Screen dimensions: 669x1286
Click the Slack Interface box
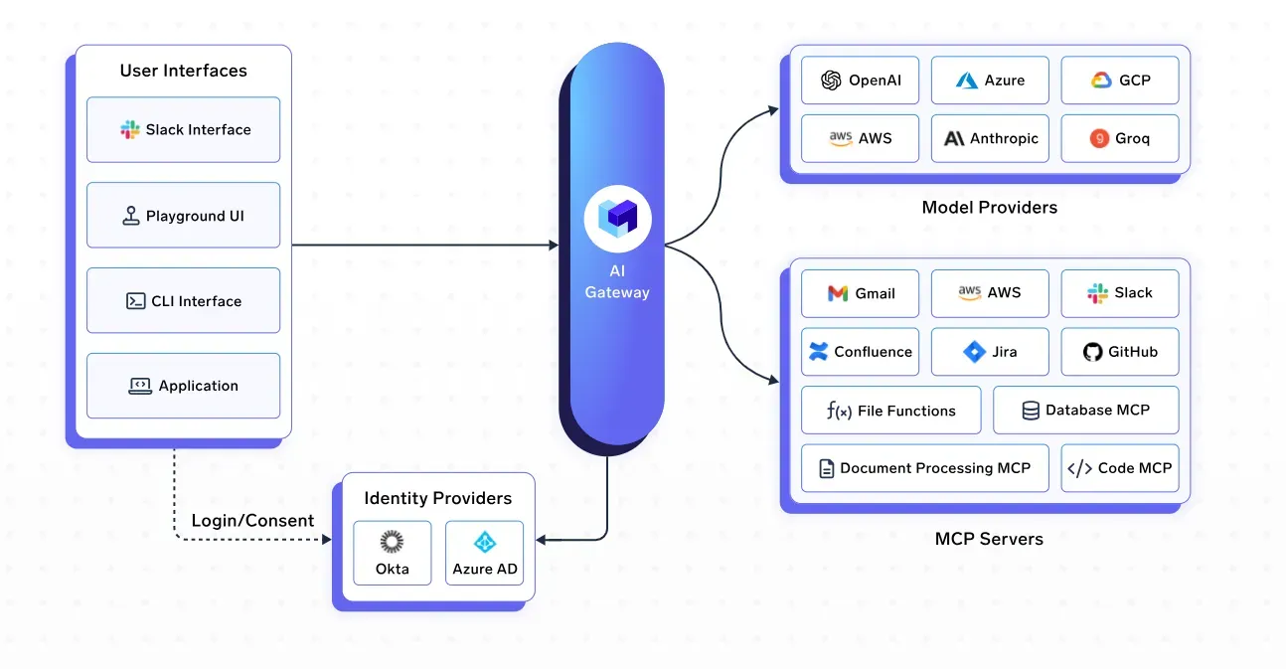(x=183, y=129)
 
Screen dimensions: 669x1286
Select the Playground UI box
(x=183, y=215)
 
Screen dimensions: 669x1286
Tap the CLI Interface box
(x=183, y=300)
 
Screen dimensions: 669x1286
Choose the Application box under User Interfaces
(x=183, y=385)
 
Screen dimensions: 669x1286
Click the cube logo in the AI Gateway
(x=617, y=218)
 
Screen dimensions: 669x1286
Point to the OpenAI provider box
(x=861, y=81)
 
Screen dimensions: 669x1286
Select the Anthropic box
(x=990, y=138)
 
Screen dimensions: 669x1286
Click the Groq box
(x=1119, y=138)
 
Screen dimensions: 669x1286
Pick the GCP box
(x=1119, y=81)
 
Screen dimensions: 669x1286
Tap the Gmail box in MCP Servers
(x=861, y=293)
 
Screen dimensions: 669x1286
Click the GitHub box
(x=1119, y=351)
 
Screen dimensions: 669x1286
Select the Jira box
(x=990, y=351)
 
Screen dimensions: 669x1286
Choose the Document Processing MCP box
(x=924, y=468)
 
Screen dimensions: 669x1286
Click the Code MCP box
(x=1119, y=468)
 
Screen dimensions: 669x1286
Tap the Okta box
(x=393, y=553)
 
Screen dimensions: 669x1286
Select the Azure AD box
(x=484, y=553)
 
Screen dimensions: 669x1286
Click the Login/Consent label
(x=252, y=520)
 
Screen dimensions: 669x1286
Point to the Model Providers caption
(x=989, y=207)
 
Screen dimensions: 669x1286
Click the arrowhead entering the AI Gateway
(x=554, y=245)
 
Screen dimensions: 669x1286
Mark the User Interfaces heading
(x=183, y=71)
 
